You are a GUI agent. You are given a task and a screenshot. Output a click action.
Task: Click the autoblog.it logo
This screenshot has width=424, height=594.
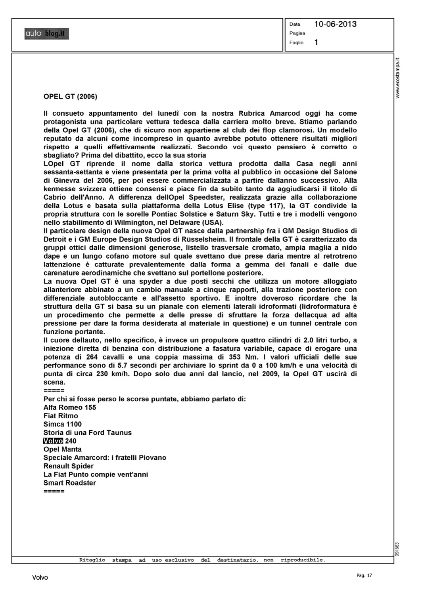(46, 34)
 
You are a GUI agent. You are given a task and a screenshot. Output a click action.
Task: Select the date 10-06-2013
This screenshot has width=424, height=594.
(335, 24)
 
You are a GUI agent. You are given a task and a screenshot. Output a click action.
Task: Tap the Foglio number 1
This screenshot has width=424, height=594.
(316, 42)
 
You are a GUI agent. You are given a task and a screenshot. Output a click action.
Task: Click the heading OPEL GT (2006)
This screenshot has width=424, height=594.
(70, 96)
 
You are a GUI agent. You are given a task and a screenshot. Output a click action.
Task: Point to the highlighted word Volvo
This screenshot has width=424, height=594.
(53, 441)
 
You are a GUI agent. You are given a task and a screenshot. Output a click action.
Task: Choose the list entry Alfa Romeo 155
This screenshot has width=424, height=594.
(70, 407)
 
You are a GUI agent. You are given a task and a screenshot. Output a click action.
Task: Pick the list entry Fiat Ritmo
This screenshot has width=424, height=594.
(61, 416)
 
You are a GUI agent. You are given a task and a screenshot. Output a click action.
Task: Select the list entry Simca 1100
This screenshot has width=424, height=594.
(62, 424)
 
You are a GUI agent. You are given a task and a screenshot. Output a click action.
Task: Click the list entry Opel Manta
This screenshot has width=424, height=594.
(63, 449)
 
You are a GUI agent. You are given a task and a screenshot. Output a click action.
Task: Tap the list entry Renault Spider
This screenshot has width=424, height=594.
(69, 466)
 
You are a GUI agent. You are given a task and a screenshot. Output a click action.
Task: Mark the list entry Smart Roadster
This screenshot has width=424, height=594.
(70, 483)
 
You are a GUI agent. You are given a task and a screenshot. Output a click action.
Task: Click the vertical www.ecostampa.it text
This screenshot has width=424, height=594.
(398, 78)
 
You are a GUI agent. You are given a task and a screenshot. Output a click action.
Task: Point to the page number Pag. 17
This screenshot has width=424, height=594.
(365, 575)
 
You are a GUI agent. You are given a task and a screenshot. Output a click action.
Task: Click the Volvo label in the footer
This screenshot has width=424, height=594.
(40, 578)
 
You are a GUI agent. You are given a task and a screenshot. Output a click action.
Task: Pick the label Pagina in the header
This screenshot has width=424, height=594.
(297, 33)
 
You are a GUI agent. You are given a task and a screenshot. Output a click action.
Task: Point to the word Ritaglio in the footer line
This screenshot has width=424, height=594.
(92, 560)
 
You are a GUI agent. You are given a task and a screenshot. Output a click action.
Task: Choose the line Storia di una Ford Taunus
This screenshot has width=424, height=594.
(88, 432)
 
